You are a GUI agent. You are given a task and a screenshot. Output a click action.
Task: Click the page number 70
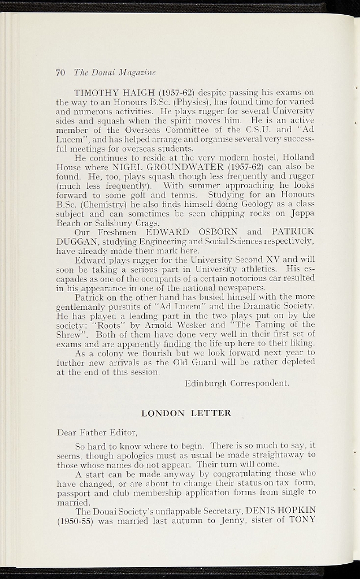61,72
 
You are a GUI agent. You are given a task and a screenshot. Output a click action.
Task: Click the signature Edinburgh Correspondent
237,383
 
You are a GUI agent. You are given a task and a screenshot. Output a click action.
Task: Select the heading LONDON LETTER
186,413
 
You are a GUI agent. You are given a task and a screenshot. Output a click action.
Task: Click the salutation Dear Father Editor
97,433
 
